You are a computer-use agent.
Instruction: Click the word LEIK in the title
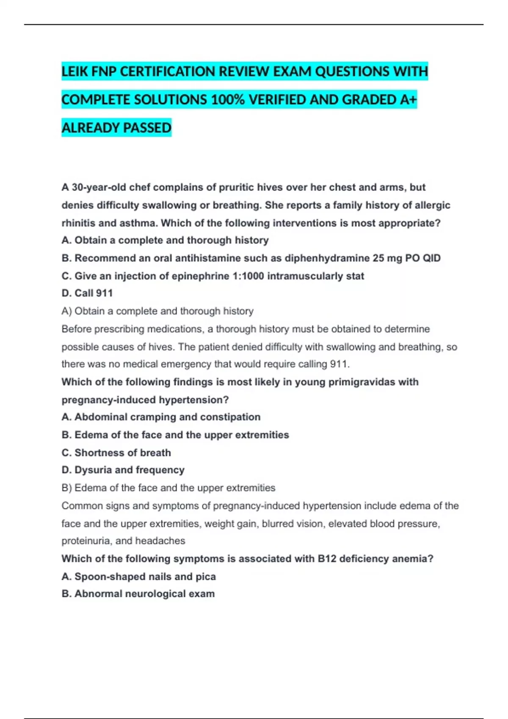pos(75,71)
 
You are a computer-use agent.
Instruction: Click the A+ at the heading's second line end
pos(408,100)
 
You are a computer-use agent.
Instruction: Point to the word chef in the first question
pos(139,187)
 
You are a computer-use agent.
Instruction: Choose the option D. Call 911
pos(87,293)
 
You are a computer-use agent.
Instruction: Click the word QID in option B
pos(431,258)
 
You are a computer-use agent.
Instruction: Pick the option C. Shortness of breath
pos(116,453)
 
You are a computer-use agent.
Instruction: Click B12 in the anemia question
pos(327,559)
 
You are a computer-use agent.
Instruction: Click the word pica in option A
pos(206,576)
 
